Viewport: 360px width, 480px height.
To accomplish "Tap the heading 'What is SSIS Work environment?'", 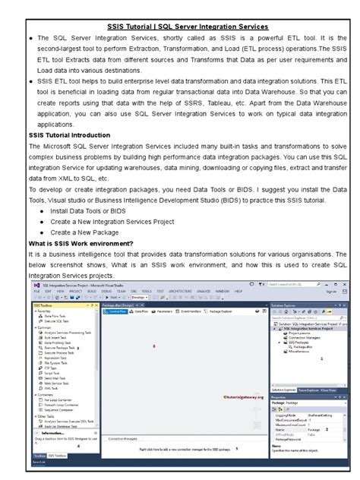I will pyautogui.click(x=81, y=242).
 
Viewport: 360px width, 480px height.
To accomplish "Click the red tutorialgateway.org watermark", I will pyautogui.click(x=244, y=395).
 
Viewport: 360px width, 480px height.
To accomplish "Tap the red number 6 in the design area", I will pyautogui.click(x=153, y=346).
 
